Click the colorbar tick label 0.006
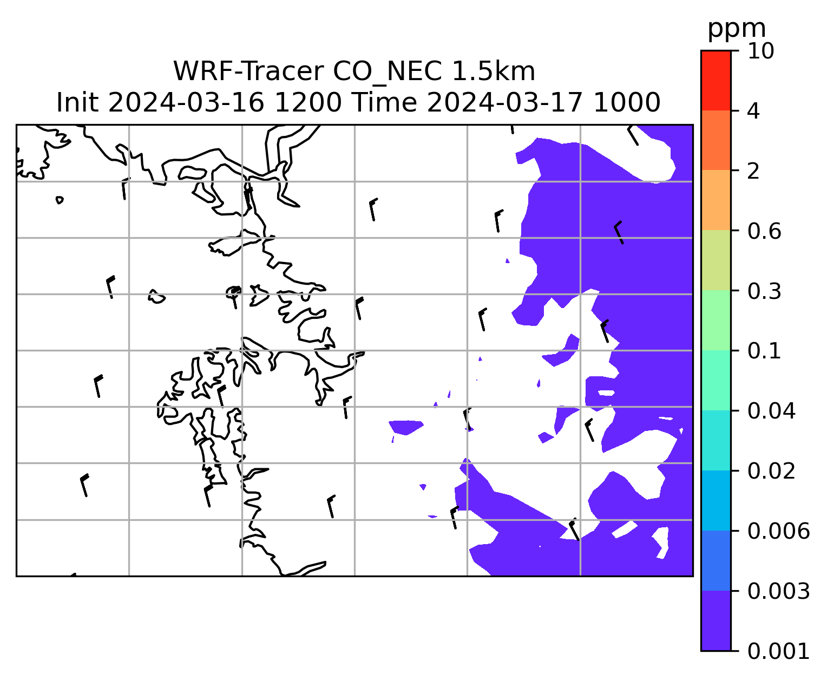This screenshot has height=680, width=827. pos(778,531)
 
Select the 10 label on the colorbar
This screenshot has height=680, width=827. pos(761,51)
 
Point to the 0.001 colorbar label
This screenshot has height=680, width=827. pos(778,651)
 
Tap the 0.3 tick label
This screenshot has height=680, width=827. pos(764,291)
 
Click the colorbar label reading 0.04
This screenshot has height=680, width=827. pos(771,411)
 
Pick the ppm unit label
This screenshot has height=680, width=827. pos(737,29)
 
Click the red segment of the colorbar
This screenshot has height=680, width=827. pos(716,80)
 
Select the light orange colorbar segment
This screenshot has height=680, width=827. pos(716,200)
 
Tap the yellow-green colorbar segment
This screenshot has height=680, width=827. pos(716,260)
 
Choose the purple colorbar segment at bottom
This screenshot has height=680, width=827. pos(716,620)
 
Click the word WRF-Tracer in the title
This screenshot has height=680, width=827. pos(248,71)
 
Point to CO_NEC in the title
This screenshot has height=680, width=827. pos(388,72)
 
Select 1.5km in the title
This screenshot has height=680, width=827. pos(494,71)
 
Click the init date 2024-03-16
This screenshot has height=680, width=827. pos(186,103)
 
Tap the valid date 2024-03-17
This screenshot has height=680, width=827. pos(505,103)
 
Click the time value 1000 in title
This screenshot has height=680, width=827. pos(627,103)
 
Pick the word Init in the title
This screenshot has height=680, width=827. pos(77,103)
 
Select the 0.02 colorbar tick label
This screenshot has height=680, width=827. pos(771,471)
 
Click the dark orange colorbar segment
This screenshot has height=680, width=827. pos(716,140)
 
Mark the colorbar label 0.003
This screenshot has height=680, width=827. pos(778,591)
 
